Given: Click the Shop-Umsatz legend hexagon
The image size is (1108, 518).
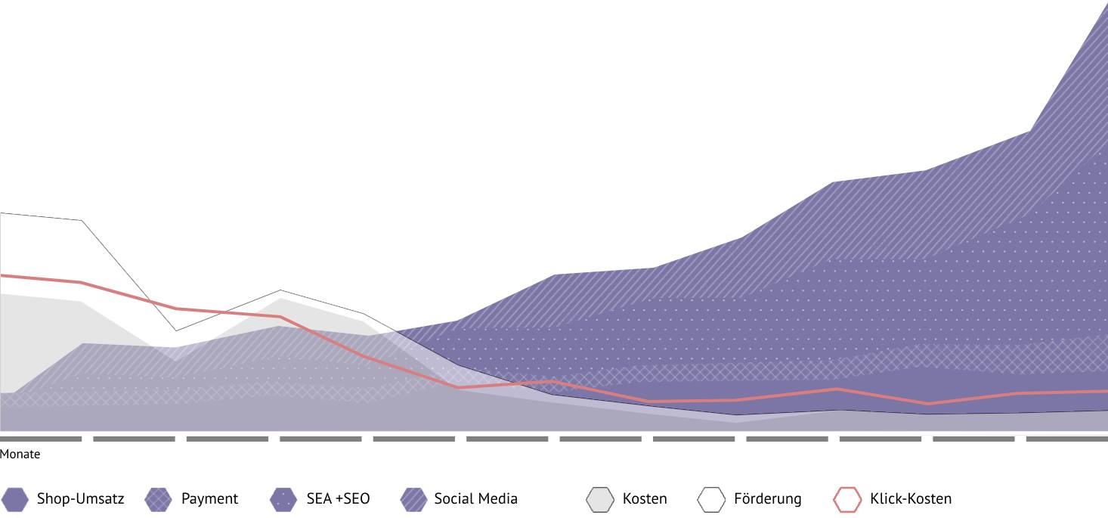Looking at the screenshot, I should pyautogui.click(x=15, y=499).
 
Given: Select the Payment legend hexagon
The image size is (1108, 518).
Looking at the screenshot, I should pyautogui.click(x=159, y=499).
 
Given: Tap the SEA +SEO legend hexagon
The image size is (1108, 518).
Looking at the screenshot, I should pyautogui.click(x=283, y=499).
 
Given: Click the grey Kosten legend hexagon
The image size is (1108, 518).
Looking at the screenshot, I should pyautogui.click(x=600, y=499).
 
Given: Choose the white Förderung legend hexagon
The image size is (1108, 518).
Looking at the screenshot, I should pyautogui.click(x=711, y=499).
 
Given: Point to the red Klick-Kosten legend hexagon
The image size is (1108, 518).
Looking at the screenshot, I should pyautogui.click(x=847, y=499).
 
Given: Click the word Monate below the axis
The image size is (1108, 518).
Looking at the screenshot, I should pyautogui.click(x=20, y=454).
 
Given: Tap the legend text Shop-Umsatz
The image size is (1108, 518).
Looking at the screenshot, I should pyautogui.click(x=80, y=499).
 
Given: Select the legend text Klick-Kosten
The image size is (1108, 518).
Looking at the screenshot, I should pyautogui.click(x=911, y=499).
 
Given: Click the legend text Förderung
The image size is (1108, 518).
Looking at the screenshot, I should pyautogui.click(x=767, y=499).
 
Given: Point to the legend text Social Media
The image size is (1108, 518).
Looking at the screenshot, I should pyautogui.click(x=475, y=499).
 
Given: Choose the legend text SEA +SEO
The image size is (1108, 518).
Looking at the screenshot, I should pyautogui.click(x=338, y=499).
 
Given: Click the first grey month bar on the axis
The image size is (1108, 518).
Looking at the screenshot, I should pyautogui.click(x=41, y=439).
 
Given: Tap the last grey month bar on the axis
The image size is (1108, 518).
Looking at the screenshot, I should pyautogui.click(x=1066, y=439).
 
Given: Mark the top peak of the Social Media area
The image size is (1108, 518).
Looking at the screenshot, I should pyautogui.click(x=1106, y=5).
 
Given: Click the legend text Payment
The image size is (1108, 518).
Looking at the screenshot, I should pyautogui.click(x=209, y=499).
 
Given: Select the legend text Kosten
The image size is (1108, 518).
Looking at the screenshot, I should pyautogui.click(x=645, y=499).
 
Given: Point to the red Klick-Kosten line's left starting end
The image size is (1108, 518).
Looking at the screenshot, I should pyautogui.click(x=2, y=275).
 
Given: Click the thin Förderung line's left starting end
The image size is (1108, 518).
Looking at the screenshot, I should pyautogui.click(x=2, y=213).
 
